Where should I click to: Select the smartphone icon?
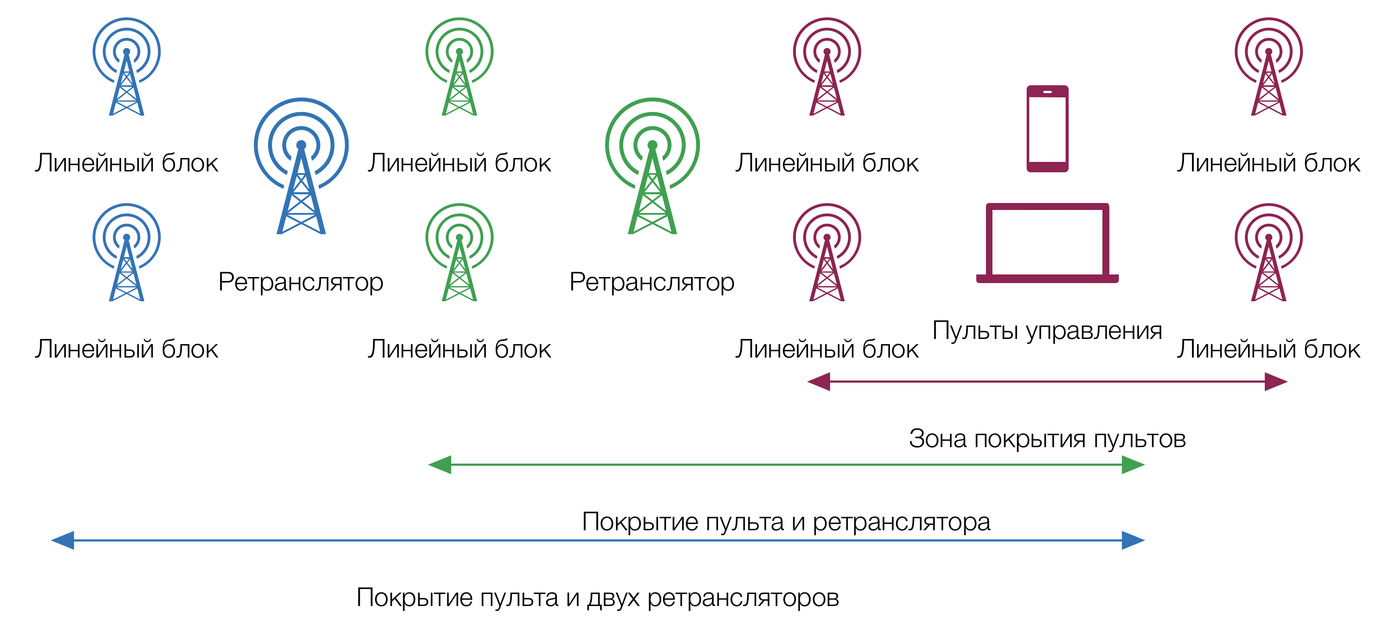coord(1047,129)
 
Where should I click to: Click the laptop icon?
coord(1047,244)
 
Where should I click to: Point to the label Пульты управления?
coord(1047,330)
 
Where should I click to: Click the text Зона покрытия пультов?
coord(1047,438)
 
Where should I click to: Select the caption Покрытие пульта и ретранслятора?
coord(786,522)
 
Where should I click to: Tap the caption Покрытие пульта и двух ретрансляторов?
coord(598,598)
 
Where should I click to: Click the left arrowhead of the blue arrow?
coord(63,540)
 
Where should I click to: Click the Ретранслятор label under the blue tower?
coord(301,282)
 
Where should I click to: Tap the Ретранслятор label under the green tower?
coord(652,282)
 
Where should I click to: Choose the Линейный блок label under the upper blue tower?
coord(126,163)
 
